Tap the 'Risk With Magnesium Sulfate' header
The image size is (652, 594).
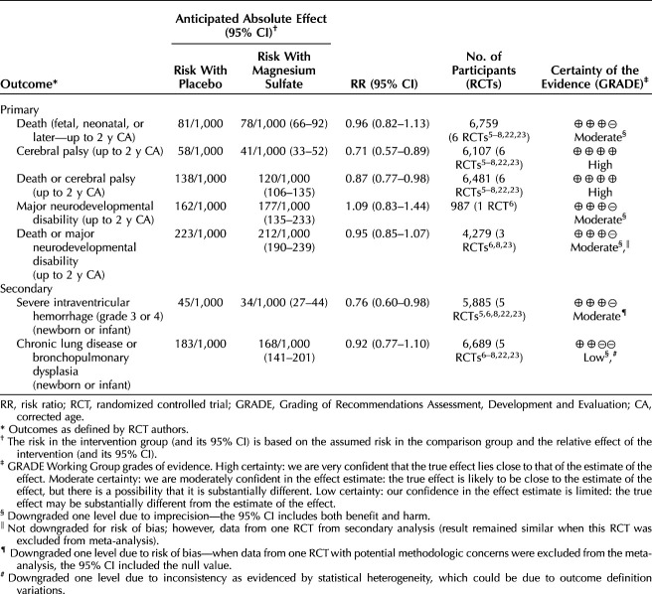[x=284, y=67]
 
